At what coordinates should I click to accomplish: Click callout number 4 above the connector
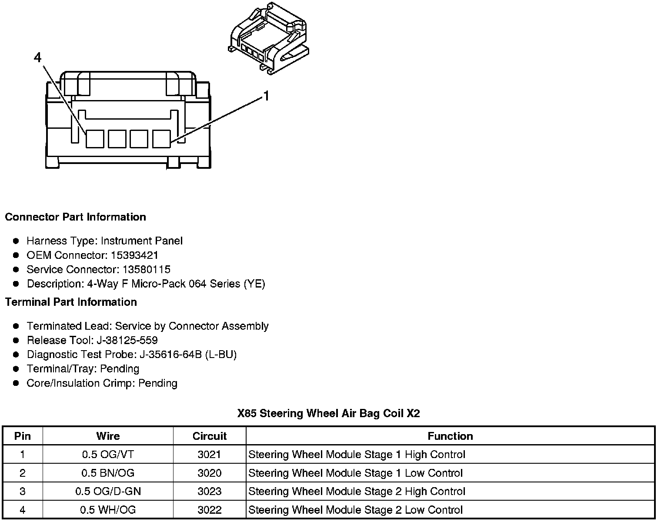[x=38, y=57]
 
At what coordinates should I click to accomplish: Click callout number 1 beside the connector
[x=266, y=96]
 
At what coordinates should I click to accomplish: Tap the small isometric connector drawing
[x=268, y=38]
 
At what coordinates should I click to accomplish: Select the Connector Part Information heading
[x=75, y=217]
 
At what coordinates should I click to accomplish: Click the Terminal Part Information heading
[x=71, y=302]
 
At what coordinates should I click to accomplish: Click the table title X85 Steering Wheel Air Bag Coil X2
[x=329, y=413]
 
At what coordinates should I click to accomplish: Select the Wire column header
[x=108, y=436]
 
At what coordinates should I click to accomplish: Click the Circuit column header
[x=210, y=436]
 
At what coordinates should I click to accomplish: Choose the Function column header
[x=450, y=436]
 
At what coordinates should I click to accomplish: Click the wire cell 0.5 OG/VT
[x=108, y=455]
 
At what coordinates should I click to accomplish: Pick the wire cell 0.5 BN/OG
[x=108, y=473]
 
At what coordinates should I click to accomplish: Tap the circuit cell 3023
[x=210, y=492]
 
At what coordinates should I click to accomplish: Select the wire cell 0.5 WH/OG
[x=108, y=510]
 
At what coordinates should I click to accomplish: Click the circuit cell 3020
[x=210, y=473]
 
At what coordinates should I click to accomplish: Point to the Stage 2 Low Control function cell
[x=355, y=510]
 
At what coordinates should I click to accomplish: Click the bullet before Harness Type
[x=16, y=241]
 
